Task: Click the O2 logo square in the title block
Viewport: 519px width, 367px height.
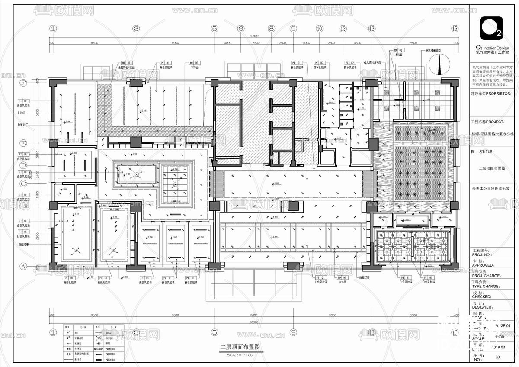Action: tap(491, 28)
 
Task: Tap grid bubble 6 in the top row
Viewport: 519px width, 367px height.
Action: tap(241, 29)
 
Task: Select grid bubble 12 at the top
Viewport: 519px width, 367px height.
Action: tap(343, 29)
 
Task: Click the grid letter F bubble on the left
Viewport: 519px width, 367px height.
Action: tap(23, 83)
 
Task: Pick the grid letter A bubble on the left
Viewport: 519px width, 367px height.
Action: tap(23, 266)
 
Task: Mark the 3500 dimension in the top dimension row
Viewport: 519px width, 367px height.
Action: tap(256, 43)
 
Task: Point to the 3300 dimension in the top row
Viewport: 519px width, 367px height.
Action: tap(357, 43)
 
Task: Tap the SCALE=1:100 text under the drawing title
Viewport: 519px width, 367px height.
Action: tap(240, 355)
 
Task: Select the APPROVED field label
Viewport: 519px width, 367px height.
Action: tap(484, 265)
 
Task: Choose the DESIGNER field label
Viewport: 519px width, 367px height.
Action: tap(484, 307)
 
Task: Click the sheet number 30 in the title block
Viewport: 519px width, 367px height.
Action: tap(497, 357)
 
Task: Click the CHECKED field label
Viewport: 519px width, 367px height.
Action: tap(483, 296)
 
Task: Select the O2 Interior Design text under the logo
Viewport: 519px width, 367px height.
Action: tap(492, 48)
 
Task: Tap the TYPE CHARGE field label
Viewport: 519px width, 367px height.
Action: tap(486, 286)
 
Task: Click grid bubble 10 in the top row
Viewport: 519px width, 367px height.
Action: tap(319, 29)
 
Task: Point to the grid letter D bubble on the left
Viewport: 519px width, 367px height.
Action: tap(23, 165)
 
